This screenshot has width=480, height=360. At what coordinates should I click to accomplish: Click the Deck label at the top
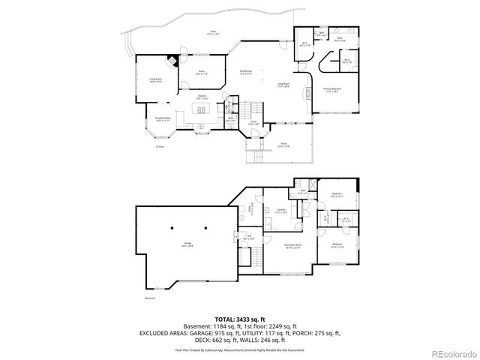(214, 32)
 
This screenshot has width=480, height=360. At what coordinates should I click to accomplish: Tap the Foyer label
(253, 123)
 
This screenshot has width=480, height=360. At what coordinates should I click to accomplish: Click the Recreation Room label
(292, 246)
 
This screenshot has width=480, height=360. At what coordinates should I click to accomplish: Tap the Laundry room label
(281, 211)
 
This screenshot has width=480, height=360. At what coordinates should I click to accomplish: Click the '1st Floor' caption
(159, 147)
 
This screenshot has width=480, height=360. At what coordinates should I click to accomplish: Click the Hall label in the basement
(250, 238)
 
